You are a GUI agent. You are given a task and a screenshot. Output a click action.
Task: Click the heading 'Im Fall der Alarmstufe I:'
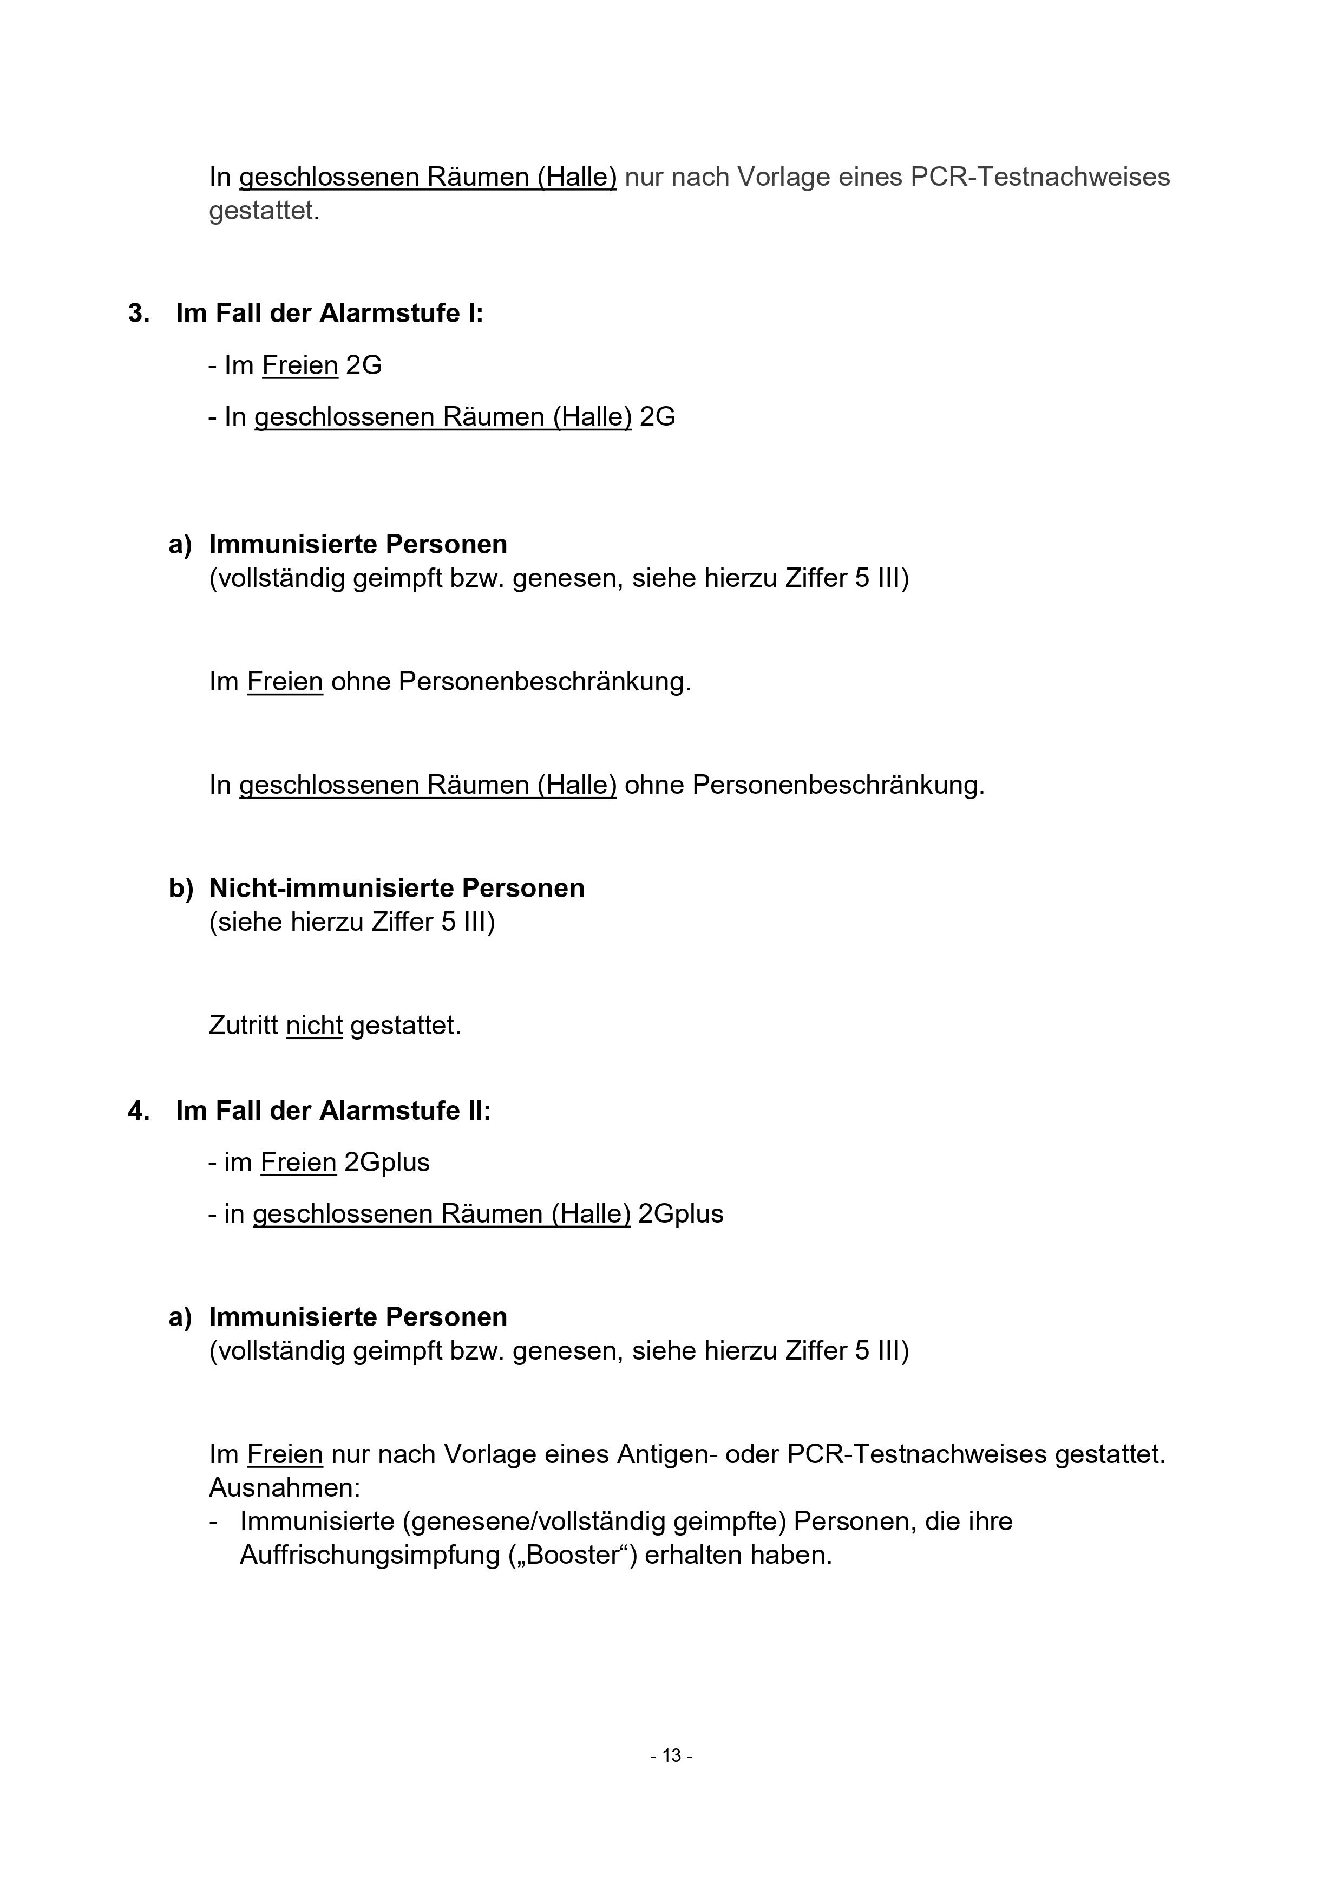[x=329, y=314]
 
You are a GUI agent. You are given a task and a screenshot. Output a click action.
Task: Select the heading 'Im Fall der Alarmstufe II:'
[x=333, y=1111]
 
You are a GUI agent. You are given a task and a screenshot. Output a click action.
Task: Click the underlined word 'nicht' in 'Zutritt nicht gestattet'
[x=315, y=1026]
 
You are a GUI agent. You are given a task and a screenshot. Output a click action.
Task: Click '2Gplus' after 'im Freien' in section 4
[x=387, y=1162]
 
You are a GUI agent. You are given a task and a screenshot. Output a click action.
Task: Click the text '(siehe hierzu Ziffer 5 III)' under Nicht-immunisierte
[x=352, y=922]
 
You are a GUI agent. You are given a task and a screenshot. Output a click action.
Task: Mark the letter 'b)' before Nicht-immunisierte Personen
[x=180, y=888]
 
